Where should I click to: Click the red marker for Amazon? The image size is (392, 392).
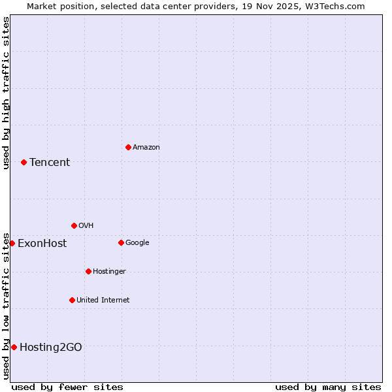tap(128, 147)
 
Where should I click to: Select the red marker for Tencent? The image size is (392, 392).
tap(24, 162)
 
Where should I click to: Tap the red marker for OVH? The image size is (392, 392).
tap(74, 225)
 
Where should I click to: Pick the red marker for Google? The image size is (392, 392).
tap(121, 242)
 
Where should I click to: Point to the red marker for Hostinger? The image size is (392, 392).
tap(88, 271)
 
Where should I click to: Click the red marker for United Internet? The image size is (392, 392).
tap(72, 300)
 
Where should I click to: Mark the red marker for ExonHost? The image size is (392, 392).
tap(12, 243)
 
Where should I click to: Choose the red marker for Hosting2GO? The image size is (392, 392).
tap(14, 347)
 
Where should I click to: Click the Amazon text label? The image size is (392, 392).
tap(146, 148)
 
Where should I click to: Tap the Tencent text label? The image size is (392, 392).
tap(50, 163)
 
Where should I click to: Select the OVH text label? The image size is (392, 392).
tap(86, 226)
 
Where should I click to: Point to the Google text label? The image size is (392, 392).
tap(137, 243)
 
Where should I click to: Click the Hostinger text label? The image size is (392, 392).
tap(109, 272)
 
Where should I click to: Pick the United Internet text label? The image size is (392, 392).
tap(103, 301)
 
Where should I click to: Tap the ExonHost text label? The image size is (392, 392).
tap(42, 244)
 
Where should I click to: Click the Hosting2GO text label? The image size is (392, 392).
tap(51, 348)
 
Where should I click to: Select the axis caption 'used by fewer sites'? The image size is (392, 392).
tap(67, 387)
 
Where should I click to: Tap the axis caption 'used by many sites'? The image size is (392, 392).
tap(328, 387)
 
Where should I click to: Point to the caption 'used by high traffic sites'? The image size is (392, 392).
tap(6, 93)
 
